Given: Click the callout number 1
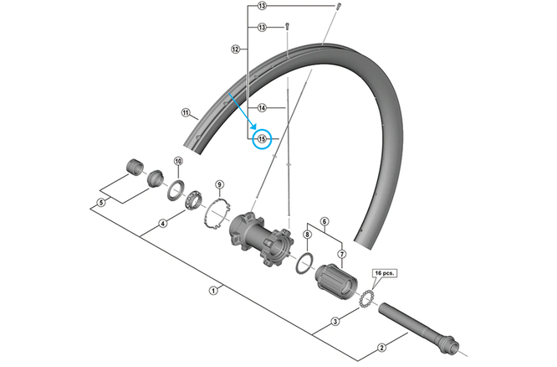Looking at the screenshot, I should [x=213, y=291].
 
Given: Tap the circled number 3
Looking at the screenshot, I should [x=335, y=322].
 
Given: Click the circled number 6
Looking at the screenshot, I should [x=324, y=221].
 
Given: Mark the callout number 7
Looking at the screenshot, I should [x=340, y=253].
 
